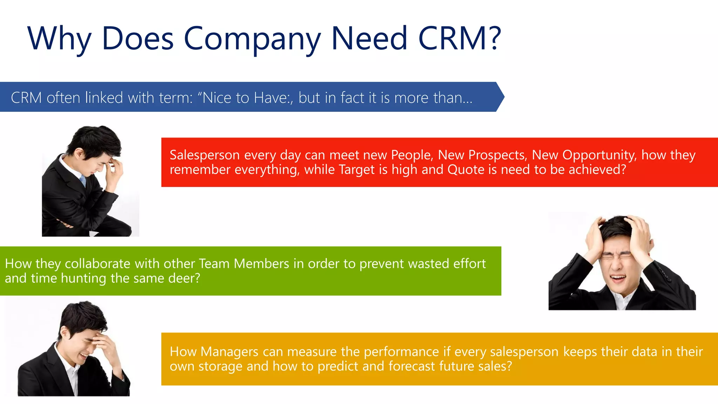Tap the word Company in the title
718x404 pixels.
point(252,39)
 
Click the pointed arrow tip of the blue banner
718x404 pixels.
point(502,97)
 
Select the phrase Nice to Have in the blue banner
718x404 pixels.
point(244,97)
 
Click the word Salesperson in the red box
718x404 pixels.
point(205,155)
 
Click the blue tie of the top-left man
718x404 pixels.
point(83,181)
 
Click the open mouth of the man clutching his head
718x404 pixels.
point(618,278)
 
